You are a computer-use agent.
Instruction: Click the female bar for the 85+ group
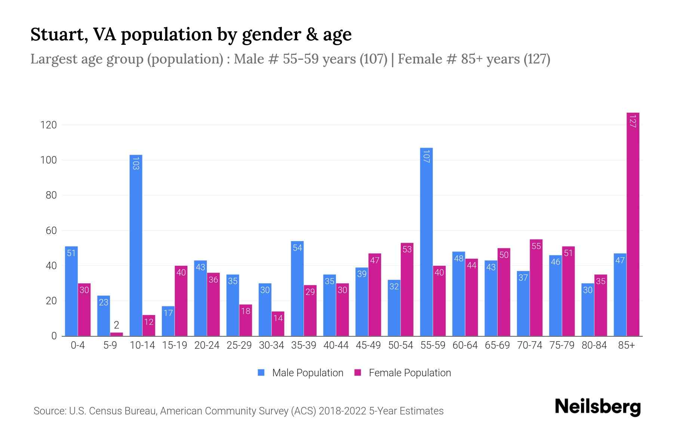point(633,224)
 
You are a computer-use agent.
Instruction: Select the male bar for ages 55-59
point(426,243)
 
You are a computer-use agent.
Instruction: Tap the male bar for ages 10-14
point(136,246)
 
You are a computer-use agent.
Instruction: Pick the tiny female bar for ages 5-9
point(116,334)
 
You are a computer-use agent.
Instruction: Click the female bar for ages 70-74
point(536,287)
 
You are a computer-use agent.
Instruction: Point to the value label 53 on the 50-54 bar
point(407,249)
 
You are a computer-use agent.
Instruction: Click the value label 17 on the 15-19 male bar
point(168,312)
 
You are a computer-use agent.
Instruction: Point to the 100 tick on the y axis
point(49,160)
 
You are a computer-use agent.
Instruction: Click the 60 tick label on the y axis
point(51,231)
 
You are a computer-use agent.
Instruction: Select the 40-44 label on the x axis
point(336,345)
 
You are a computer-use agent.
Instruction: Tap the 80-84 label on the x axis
point(594,345)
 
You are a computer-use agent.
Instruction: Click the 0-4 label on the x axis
point(78,345)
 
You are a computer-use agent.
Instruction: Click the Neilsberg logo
point(597,407)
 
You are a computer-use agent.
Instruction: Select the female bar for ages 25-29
point(246,320)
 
